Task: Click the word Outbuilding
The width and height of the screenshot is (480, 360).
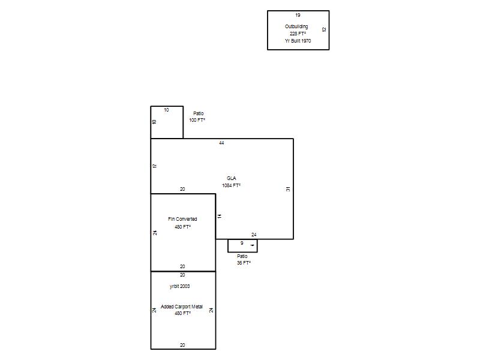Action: (296, 26)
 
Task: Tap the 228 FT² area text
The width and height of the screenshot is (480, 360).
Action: (298, 34)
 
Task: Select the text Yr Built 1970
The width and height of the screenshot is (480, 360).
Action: (298, 41)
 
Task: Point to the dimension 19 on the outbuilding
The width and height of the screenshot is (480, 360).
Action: (298, 15)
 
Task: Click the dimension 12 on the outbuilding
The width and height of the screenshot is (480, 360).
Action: (324, 29)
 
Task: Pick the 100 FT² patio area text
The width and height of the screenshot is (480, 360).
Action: (197, 120)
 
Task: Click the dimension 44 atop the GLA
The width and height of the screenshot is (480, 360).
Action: (221, 143)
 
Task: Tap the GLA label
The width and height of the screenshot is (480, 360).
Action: (232, 178)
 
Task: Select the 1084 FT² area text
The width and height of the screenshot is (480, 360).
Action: (232, 185)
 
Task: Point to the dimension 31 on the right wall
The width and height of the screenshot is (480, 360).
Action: (288, 189)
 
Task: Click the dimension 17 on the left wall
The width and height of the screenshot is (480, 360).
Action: (155, 166)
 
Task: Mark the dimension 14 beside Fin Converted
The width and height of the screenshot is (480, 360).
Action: (220, 216)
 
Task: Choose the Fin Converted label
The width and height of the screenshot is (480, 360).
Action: (182, 219)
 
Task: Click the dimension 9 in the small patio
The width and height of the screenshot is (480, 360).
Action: (242, 243)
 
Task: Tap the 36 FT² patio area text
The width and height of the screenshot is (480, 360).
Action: (244, 263)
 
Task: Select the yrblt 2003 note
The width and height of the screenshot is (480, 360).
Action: (179, 286)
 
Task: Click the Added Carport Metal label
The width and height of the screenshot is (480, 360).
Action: (182, 307)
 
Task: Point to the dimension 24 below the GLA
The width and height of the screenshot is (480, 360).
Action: (254, 235)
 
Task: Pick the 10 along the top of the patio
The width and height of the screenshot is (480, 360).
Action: (166, 110)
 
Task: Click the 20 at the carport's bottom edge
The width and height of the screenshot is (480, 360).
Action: (182, 345)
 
